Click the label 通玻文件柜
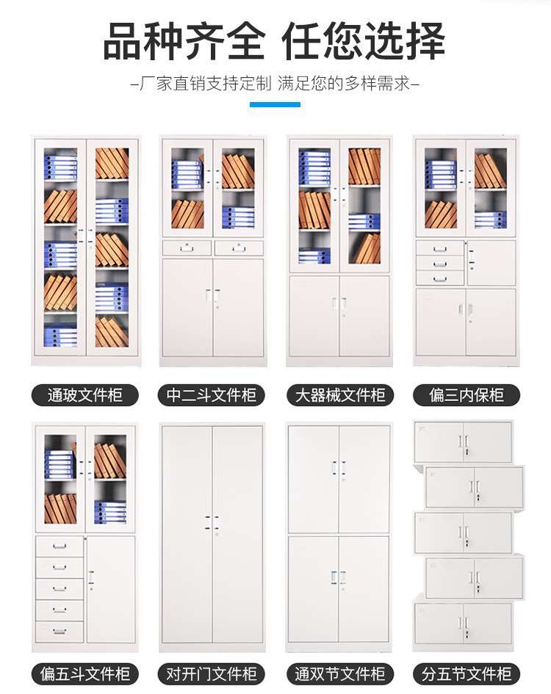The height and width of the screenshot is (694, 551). coord(84,395)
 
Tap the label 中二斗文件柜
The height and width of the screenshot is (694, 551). coord(212,395)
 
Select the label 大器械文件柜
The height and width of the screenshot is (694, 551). coord(339,395)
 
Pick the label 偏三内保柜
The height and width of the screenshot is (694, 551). coord(467,395)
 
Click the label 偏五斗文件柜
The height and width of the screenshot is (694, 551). coord(84,673)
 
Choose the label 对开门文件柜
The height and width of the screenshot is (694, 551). coord(212,673)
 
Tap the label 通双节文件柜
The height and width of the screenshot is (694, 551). coord(339,673)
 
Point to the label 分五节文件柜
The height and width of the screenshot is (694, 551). coord(467,673)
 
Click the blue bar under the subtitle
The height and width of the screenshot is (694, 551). coord(275,104)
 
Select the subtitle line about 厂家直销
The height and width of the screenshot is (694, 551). coord(275,83)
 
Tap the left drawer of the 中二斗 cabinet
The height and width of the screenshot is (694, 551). coord(187,248)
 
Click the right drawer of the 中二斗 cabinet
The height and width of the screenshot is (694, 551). coord(237,248)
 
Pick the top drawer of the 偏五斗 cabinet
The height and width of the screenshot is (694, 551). coord(60,546)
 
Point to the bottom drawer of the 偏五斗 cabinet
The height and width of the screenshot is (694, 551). coord(60,631)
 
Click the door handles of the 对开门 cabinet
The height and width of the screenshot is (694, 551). coord(212,523)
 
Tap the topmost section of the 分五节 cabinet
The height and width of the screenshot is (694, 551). coord(463,441)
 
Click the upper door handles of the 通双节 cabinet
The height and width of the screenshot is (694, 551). coord(339,468)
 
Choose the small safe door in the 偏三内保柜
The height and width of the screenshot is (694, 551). coord(491,262)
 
